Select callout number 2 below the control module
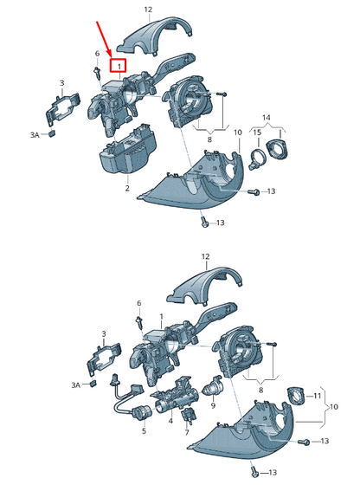[x=126, y=188]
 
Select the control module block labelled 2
[x=125, y=156]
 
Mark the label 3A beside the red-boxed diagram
[x=35, y=135]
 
